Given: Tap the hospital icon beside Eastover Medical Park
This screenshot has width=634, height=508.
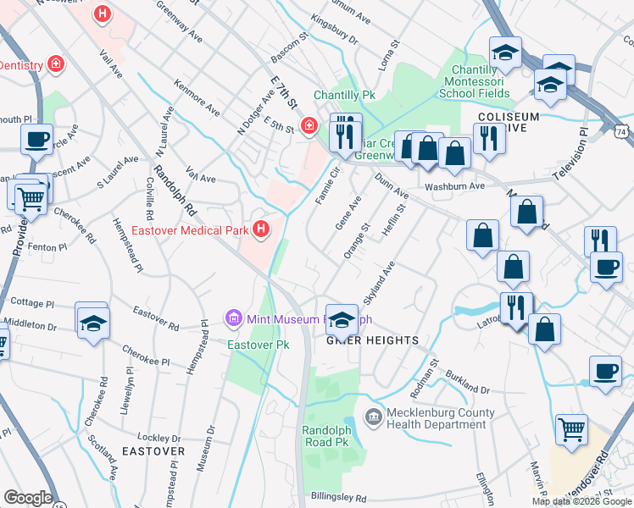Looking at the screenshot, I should click(x=262, y=229).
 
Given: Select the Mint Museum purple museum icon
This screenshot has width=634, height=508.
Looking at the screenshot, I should click(x=233, y=319).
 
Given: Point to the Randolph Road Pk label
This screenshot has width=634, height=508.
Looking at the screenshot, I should click(x=326, y=436).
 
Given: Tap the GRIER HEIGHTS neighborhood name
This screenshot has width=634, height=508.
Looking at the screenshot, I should click(x=373, y=340).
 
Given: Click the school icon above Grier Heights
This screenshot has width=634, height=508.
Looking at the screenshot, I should click(x=342, y=319).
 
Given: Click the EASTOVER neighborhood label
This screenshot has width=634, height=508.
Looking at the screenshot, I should click(x=153, y=451).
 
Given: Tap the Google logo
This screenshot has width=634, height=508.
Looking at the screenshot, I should click(x=28, y=498).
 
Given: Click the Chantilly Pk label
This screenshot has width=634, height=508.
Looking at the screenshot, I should click(x=344, y=95).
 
